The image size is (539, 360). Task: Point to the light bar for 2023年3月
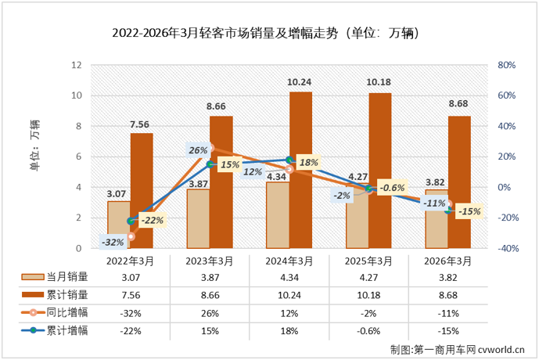click(198, 218)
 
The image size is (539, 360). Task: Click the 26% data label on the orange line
click(198, 149)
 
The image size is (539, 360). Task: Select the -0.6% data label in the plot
click(393, 188)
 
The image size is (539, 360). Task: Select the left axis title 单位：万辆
click(34, 144)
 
